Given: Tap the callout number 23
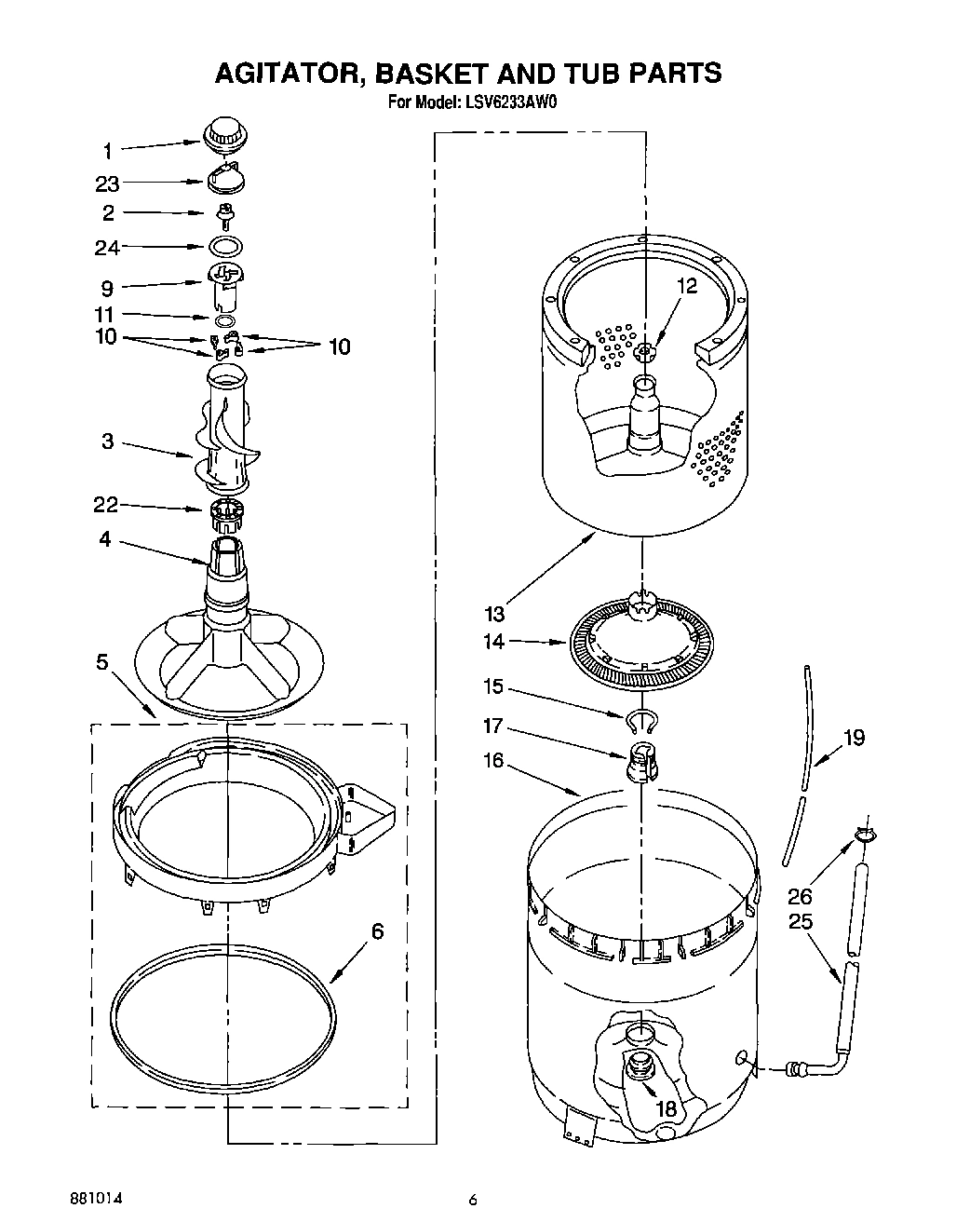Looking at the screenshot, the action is point(108,183).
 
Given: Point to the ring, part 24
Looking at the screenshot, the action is point(224,247).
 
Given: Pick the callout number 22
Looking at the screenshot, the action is point(105,506).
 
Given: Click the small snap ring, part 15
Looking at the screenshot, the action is point(641,717).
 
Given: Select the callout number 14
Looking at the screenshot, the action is point(494,641).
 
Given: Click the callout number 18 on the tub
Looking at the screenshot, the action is point(667,1108).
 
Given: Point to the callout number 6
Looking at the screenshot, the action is point(378,930).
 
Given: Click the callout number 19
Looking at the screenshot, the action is point(853,738).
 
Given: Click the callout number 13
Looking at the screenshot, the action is point(494,613).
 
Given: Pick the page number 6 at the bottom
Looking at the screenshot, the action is point(473,1200).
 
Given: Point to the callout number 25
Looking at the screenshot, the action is point(801,921).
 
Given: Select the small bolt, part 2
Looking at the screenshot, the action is point(224,213).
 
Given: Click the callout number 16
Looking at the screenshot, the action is point(494,760).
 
